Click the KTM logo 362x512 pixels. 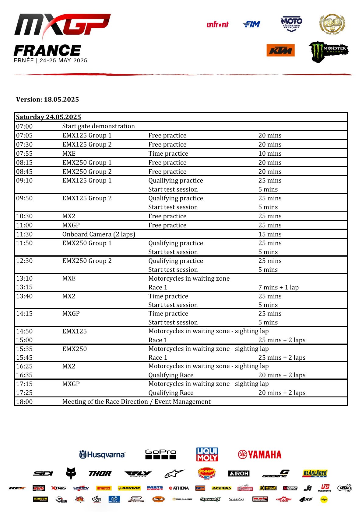(280, 50)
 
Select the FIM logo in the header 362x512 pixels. (252, 24)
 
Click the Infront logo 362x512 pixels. (217, 25)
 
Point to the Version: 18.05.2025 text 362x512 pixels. (47, 99)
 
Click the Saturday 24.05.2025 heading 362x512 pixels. (48, 117)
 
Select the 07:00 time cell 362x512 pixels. (24, 126)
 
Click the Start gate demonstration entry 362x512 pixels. (98, 126)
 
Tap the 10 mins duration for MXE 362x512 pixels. (270, 154)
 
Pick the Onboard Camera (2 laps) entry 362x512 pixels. (99, 234)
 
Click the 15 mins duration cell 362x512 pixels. (270, 234)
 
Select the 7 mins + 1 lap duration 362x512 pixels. (278, 287)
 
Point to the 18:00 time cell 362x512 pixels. (24, 402)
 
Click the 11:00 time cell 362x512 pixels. (24, 225)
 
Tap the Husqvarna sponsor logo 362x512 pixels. (102, 455)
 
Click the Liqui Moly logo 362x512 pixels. (207, 454)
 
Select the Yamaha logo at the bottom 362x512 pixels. (260, 455)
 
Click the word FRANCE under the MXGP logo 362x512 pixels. (47, 50)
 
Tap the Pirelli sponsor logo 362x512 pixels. (104, 488)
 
